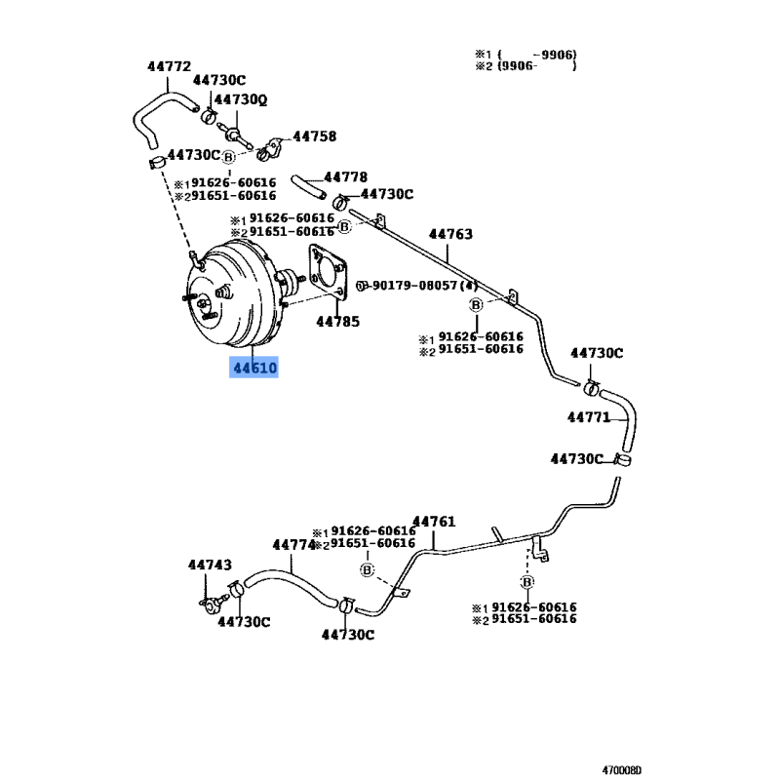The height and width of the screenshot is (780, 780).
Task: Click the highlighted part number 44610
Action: coord(254,368)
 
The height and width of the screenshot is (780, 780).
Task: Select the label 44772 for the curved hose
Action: coord(169,66)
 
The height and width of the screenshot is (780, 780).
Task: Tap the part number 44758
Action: coord(314,136)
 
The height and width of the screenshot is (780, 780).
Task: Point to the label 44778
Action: coord(346,177)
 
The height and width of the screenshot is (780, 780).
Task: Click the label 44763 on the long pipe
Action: coord(450,234)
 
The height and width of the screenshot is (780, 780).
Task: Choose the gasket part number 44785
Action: coord(337,322)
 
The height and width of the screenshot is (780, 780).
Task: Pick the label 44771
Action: coord(589,417)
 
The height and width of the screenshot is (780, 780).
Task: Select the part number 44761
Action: coord(434,522)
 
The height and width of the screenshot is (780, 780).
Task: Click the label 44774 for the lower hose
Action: coord(294,545)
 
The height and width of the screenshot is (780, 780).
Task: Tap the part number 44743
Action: coord(210,565)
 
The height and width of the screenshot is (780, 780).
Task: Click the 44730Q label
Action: coord(241,100)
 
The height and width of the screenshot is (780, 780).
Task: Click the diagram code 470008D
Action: coord(622,770)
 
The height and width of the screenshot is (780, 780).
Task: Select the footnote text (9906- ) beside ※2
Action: coord(537,65)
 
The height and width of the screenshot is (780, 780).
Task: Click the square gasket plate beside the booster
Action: coord(328,273)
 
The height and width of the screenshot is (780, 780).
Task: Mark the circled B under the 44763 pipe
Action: coord(476,304)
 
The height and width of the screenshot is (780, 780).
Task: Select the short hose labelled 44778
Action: coord(308,186)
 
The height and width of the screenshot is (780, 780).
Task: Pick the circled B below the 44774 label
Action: coord(368,569)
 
